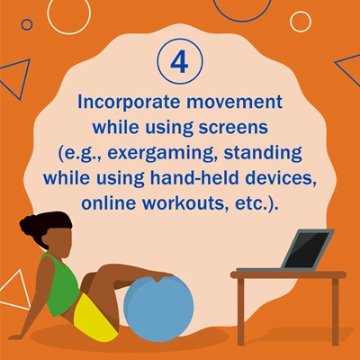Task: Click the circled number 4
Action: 180,60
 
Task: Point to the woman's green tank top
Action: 61,283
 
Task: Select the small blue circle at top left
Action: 26,24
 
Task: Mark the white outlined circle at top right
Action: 301,22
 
